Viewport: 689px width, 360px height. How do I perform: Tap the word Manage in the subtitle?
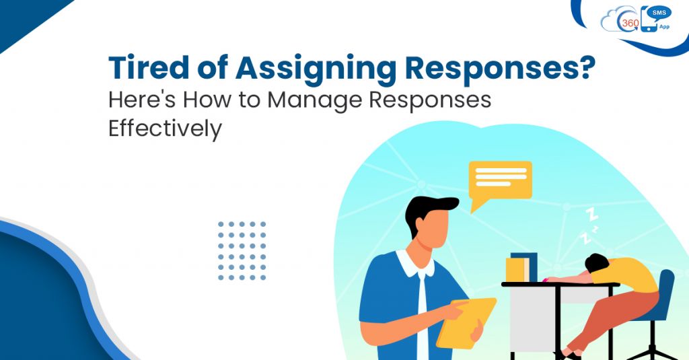312,100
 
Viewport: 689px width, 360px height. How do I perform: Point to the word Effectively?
165,128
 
